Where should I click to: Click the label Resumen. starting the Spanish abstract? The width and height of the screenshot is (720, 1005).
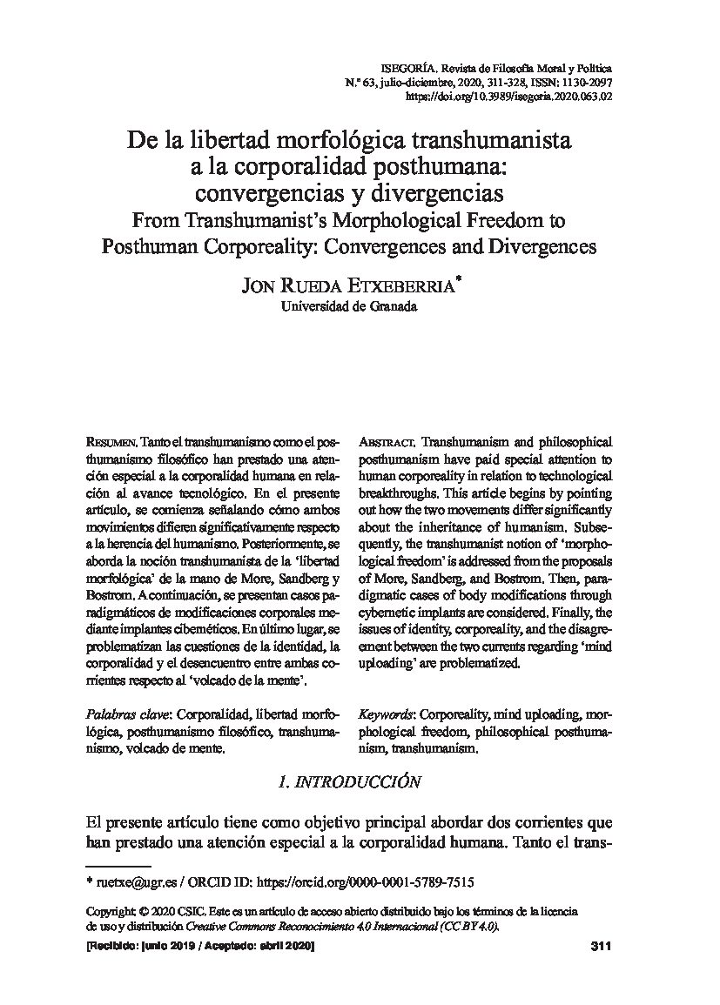coord(113,443)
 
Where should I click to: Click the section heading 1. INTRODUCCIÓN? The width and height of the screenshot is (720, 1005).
coord(348,782)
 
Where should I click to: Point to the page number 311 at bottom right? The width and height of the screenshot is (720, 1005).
coord(601,947)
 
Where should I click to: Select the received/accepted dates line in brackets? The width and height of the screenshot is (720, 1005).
coord(200,947)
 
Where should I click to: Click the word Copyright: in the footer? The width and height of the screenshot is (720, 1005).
coord(111,910)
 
